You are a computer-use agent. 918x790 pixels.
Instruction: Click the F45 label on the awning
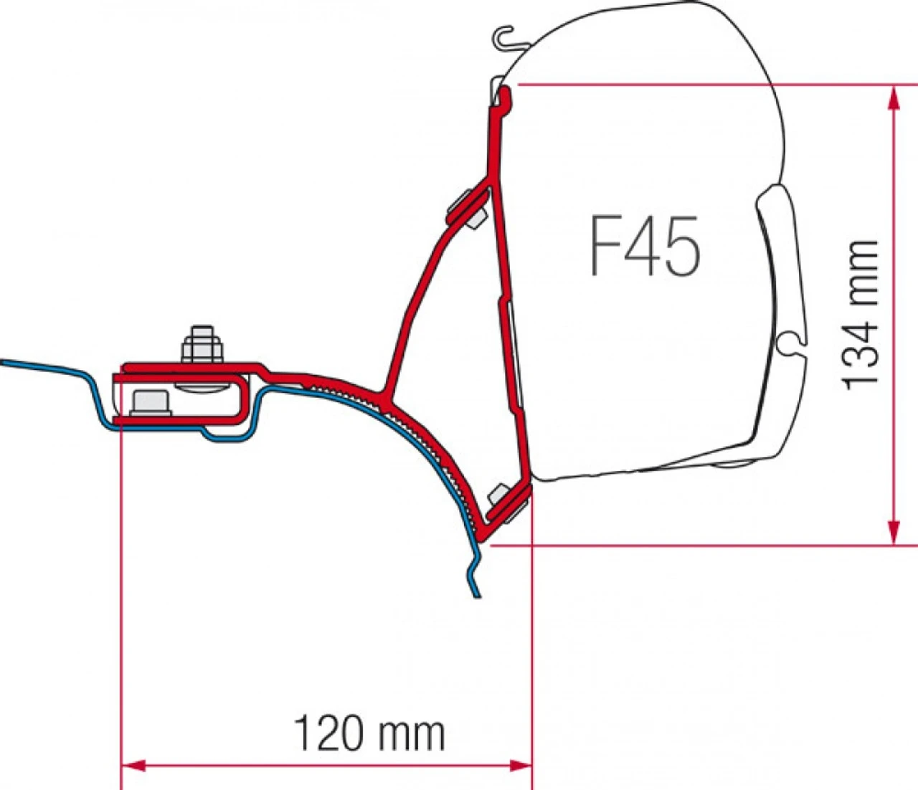pyautogui.click(x=644, y=246)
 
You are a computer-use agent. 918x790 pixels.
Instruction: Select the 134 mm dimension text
pyautogui.click(x=860, y=315)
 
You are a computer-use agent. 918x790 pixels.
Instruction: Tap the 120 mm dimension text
pyautogui.click(x=369, y=733)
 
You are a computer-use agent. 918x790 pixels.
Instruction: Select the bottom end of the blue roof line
pyautogui.click(x=478, y=594)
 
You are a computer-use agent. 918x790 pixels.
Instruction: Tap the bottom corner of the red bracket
pyautogui.click(x=482, y=539)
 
